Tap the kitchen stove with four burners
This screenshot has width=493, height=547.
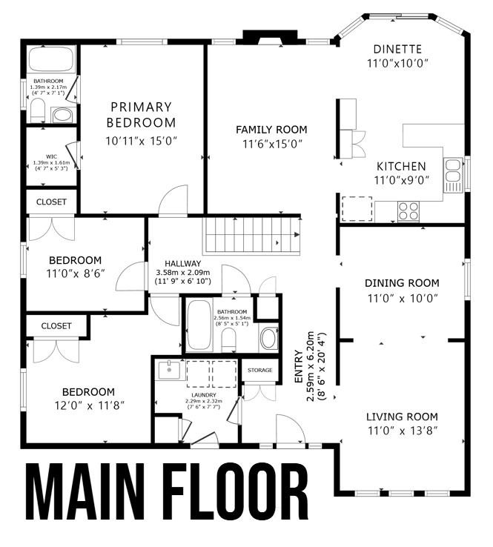pos(408,211)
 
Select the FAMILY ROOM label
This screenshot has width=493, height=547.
pos(271,130)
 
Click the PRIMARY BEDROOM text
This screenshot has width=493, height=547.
pos(141,115)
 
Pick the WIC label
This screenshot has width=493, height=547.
pos(50,156)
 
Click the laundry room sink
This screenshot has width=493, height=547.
pos(170,368)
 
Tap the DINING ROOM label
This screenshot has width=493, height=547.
pos(402,283)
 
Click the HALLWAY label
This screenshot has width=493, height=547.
pos(182,262)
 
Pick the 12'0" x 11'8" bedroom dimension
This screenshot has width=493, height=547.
pos(88,405)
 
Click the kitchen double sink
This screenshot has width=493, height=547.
pos(452,172)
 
